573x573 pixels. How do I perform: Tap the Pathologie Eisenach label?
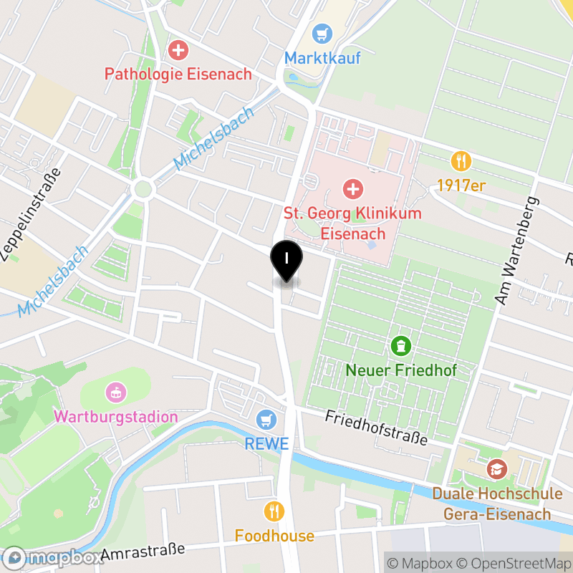178,74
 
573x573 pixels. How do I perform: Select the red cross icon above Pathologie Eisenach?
177,50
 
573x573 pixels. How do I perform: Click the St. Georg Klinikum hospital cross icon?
352,189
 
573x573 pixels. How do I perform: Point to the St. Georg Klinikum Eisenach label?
352,223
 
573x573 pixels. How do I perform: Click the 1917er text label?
462,186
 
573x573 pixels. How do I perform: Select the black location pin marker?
286,261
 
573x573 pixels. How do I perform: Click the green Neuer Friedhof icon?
400,347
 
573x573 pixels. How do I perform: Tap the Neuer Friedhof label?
400,370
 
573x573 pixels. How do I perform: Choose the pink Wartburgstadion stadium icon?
115,392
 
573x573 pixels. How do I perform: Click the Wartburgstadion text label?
116,416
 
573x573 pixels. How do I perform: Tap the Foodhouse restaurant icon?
274,511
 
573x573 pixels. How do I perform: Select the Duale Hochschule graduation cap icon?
496,470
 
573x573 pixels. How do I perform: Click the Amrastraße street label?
143,552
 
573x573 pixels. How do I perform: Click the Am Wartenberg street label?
515,250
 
